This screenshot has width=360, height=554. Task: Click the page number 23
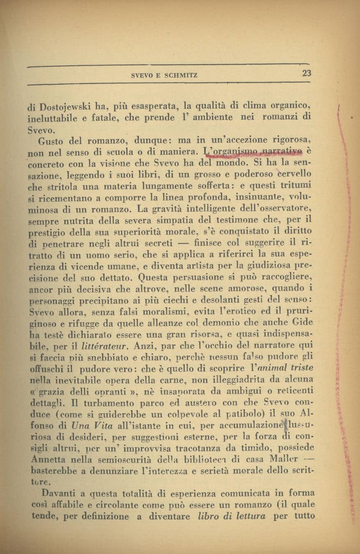[307, 73]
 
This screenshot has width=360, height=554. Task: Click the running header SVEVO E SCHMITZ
[164, 76]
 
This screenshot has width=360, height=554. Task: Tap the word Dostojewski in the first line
[61, 108]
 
